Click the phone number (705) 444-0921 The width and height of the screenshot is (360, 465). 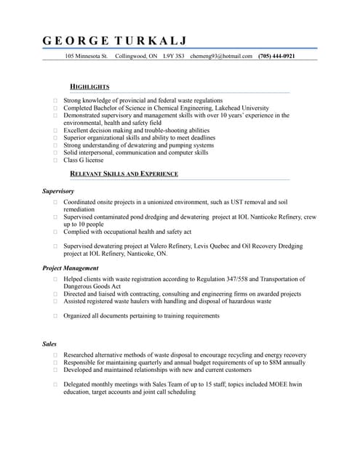276,56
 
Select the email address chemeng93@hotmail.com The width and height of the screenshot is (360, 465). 221,56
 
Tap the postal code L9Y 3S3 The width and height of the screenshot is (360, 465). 173,56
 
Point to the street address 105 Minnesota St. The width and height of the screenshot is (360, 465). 87,56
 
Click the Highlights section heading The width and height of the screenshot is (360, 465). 89,86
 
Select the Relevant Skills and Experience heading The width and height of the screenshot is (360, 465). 124,174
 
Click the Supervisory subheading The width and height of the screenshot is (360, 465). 58,191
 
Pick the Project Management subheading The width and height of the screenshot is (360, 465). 71,268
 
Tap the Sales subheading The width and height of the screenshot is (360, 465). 49,344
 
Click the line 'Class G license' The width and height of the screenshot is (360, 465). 84,161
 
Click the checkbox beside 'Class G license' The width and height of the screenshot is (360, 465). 55,161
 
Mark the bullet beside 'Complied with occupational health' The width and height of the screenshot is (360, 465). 55,232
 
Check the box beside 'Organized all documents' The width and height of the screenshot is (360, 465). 55,316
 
